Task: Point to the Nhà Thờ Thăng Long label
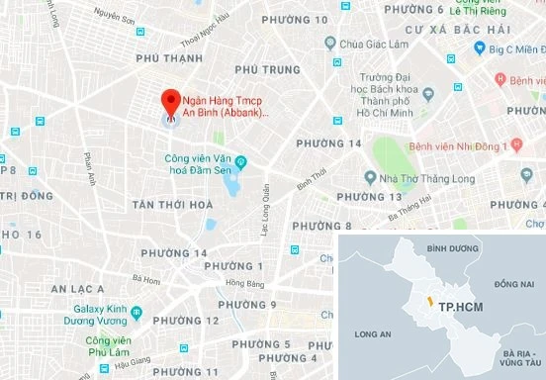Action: pyautogui.click(x=414, y=178)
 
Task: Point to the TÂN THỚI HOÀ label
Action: pyautogui.click(x=172, y=205)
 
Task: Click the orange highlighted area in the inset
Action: pyautogui.click(x=428, y=298)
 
